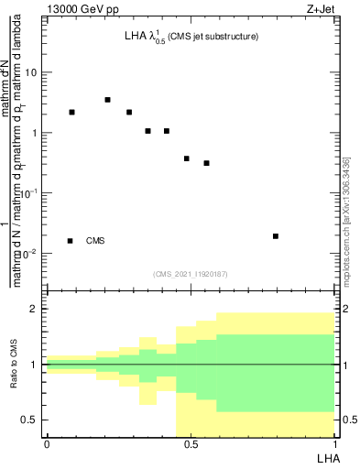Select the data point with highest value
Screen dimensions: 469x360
(108, 100)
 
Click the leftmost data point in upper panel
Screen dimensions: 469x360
(71, 112)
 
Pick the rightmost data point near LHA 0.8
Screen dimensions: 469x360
(276, 235)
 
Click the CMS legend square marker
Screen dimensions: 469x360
(71, 241)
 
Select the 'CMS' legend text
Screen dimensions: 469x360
(95, 241)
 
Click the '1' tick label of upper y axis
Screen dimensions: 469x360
(37, 133)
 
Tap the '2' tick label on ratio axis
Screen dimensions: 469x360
(37, 309)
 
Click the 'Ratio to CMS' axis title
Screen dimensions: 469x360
(15, 364)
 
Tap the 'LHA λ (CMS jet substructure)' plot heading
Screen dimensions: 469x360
(191, 38)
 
